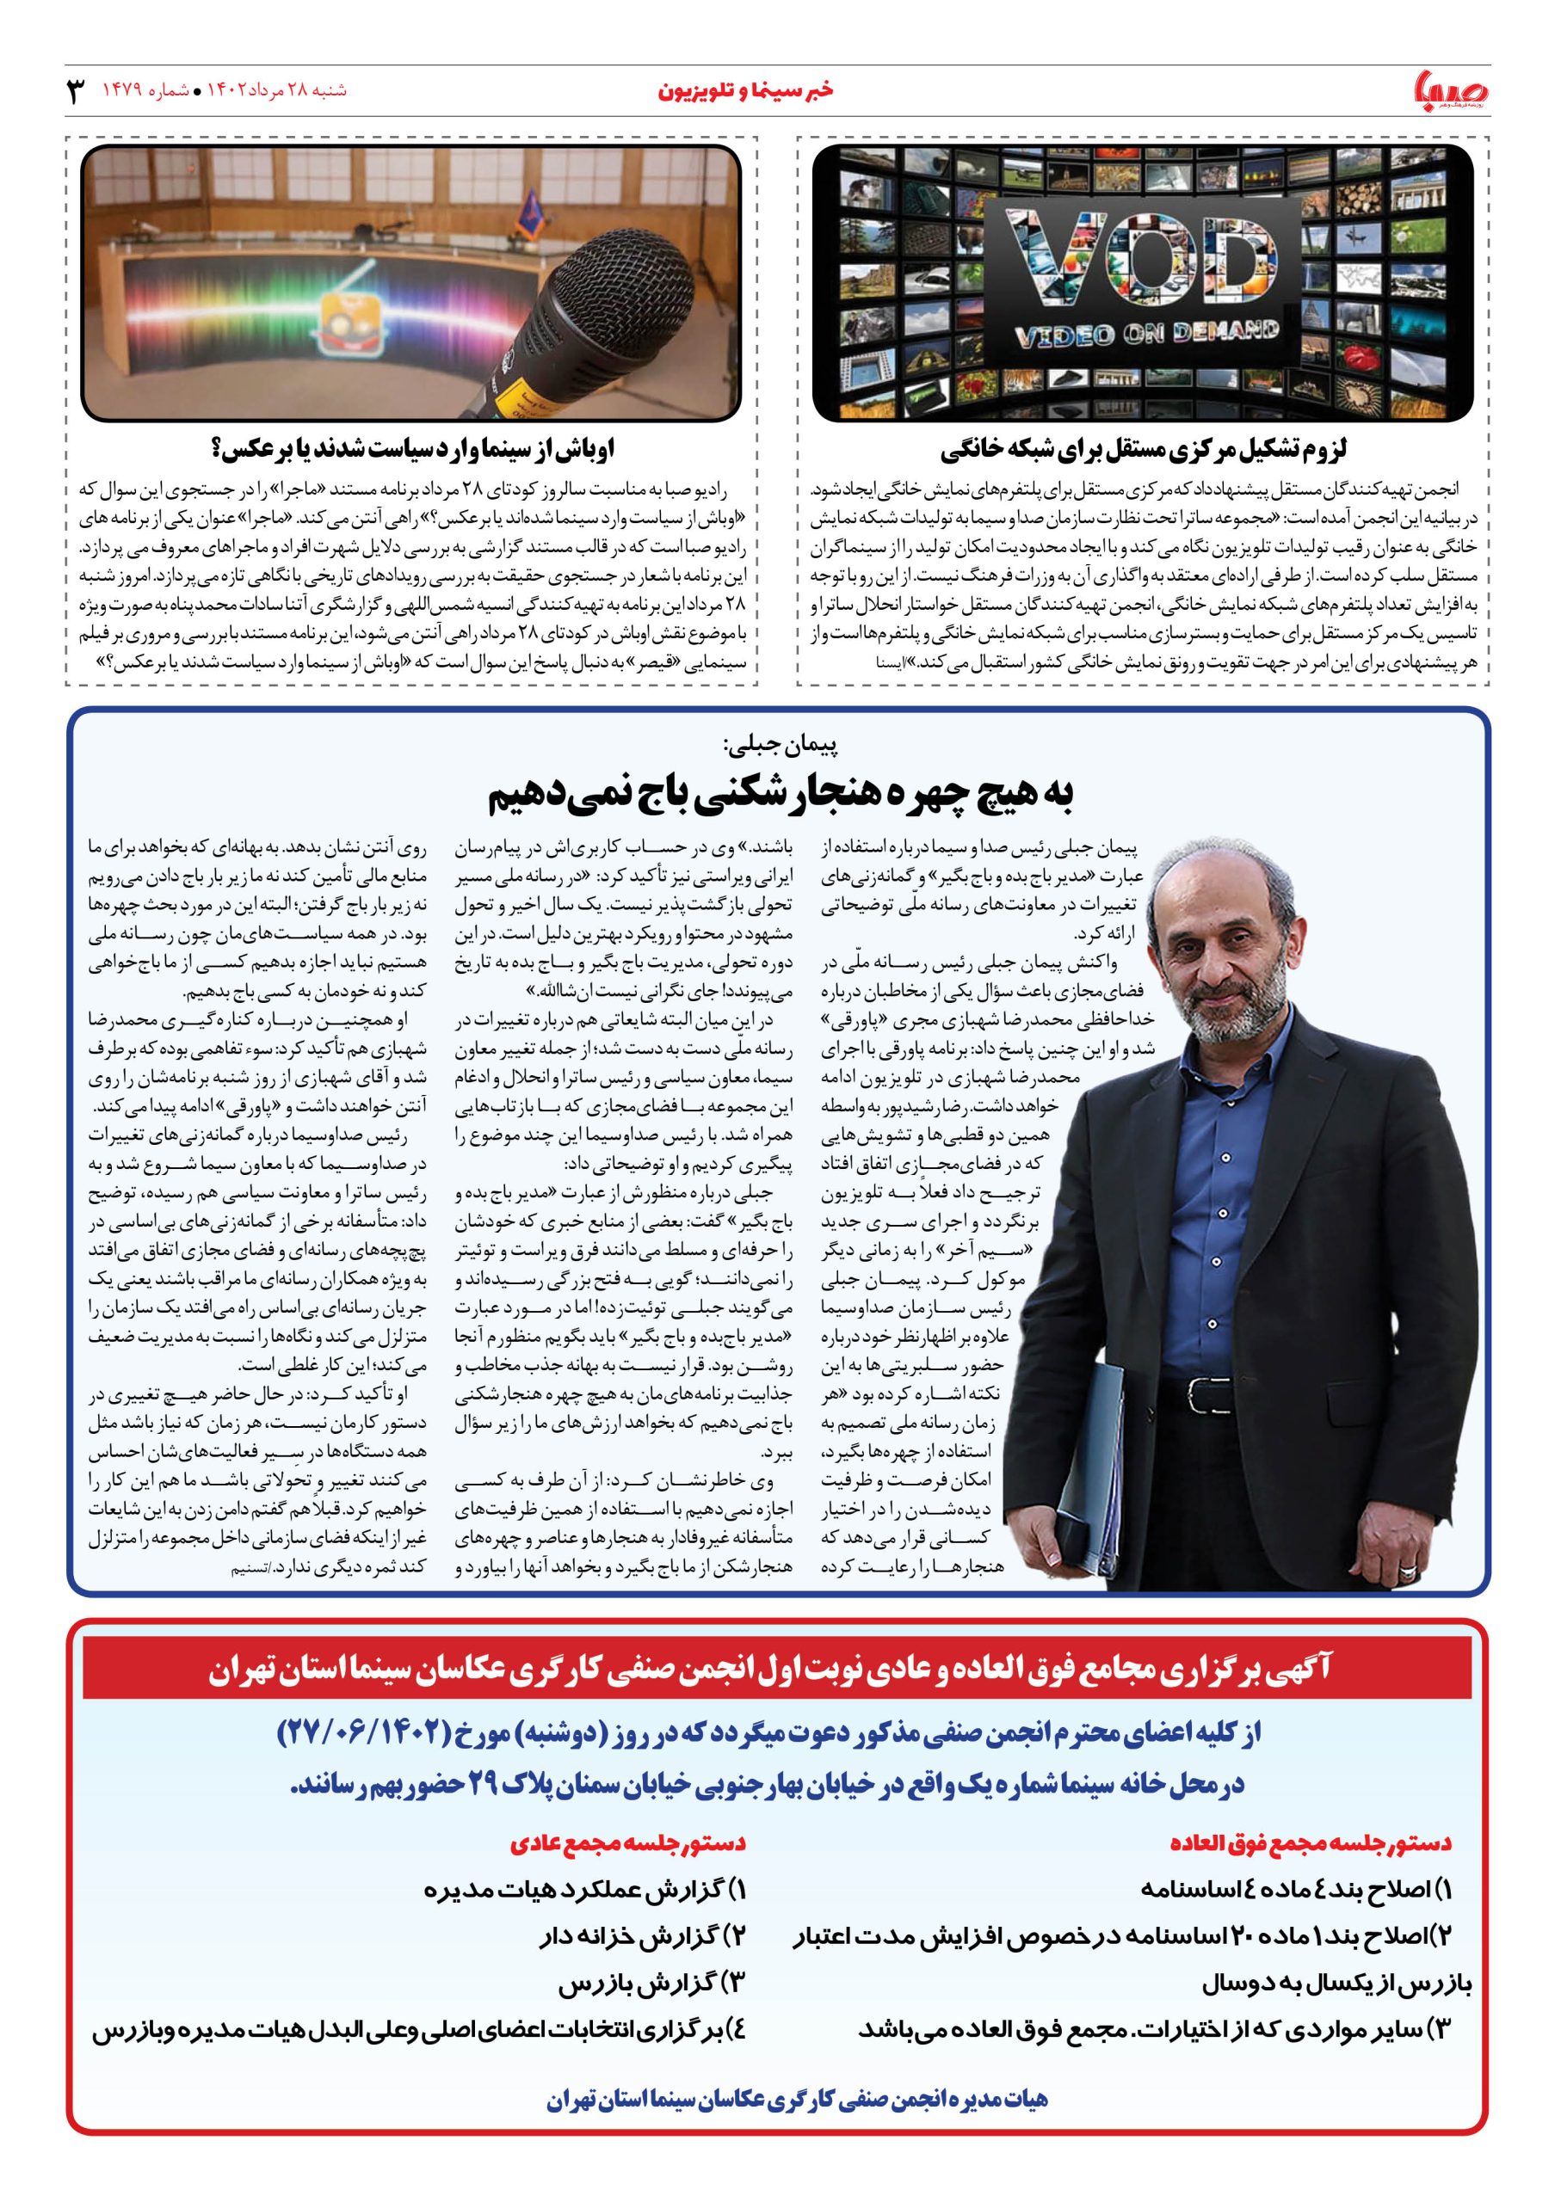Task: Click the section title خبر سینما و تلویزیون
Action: (x=745, y=91)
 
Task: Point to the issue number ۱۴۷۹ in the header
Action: (x=124, y=91)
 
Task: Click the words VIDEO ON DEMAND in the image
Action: (x=1146, y=335)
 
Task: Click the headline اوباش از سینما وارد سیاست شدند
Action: (x=412, y=450)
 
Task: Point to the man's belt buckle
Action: (x=1203, y=1392)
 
